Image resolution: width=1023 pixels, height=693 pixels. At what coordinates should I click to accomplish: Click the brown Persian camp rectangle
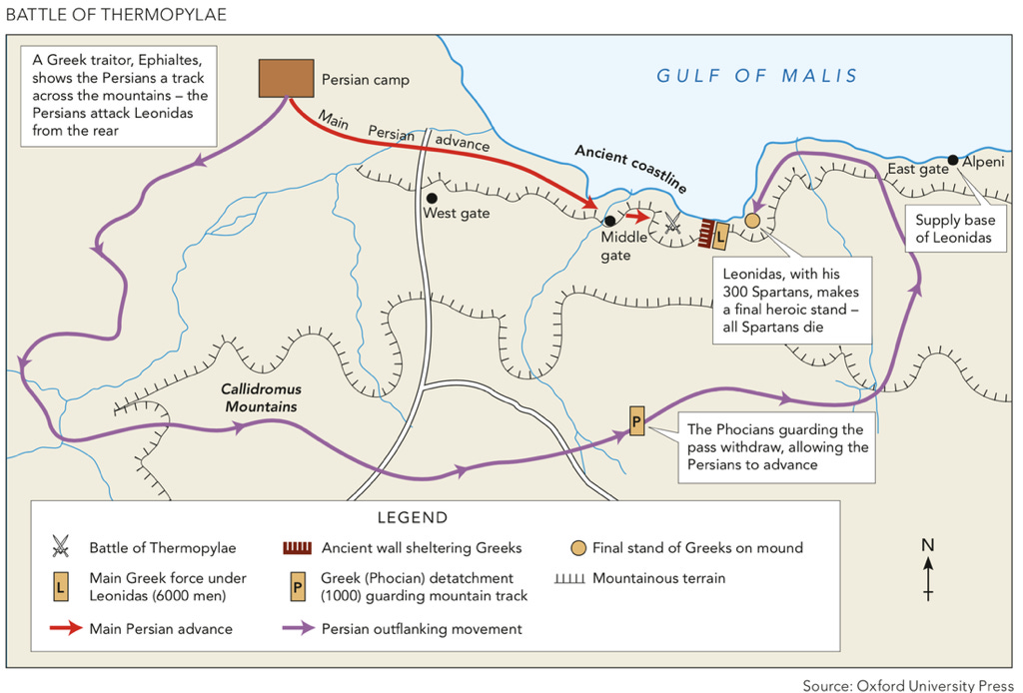[286, 78]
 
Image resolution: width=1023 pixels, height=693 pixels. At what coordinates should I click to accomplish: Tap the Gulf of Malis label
[756, 76]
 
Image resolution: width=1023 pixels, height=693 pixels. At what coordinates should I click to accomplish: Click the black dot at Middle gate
[609, 221]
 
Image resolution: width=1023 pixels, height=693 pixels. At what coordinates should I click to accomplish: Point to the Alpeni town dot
[953, 160]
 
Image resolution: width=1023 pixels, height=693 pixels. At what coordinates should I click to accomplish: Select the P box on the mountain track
[637, 421]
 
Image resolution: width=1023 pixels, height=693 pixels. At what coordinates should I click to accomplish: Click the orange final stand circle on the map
[752, 220]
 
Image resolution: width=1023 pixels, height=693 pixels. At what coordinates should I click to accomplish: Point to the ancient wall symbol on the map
[707, 233]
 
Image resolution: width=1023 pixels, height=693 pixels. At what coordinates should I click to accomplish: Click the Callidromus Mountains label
[263, 397]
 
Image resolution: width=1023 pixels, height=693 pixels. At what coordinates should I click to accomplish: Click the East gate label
[917, 170]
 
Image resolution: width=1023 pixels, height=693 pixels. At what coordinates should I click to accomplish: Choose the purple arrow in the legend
[297, 629]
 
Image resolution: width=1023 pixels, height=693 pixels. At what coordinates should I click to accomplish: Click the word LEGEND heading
[413, 518]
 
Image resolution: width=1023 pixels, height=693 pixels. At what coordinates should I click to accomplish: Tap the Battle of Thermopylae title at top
[116, 14]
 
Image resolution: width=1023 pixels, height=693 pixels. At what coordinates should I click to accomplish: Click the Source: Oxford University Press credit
[909, 685]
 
